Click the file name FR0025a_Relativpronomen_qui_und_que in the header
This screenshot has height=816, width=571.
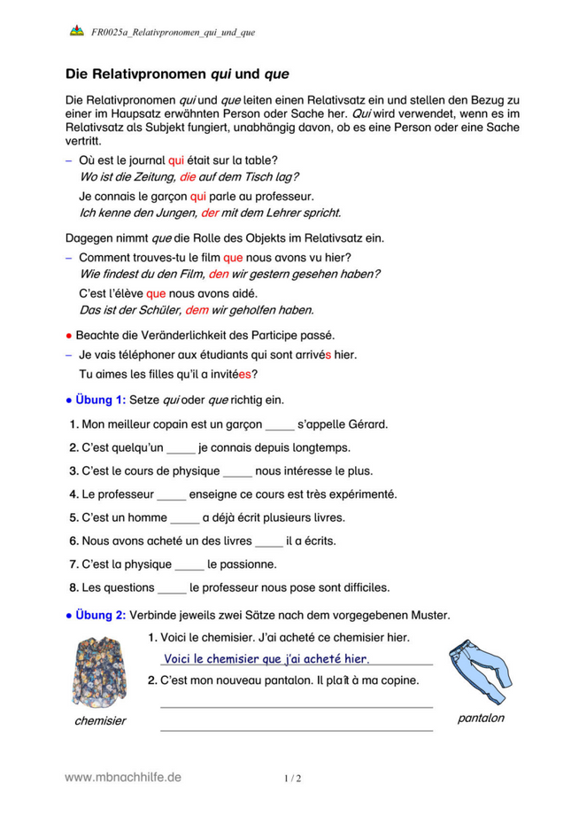coord(174,32)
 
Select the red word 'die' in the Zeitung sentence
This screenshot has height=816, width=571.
coord(187,176)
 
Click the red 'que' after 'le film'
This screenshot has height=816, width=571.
coord(233,258)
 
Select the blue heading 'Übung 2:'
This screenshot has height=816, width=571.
coord(101,615)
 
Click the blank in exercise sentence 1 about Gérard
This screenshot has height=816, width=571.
coord(279,424)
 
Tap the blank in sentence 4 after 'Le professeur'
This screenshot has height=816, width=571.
coord(171,493)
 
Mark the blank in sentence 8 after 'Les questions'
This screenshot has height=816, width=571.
coord(173,587)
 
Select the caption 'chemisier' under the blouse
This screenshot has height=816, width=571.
coord(100,720)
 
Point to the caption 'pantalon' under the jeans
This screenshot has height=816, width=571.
coord(481,718)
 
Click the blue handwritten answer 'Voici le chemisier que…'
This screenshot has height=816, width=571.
coord(266,658)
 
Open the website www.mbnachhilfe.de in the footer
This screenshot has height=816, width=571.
coord(123,777)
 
